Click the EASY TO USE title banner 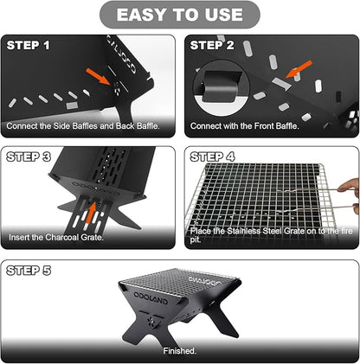[180, 15]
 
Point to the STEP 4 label [213, 156]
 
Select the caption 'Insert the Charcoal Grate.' [55, 236]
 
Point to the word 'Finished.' [179, 350]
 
